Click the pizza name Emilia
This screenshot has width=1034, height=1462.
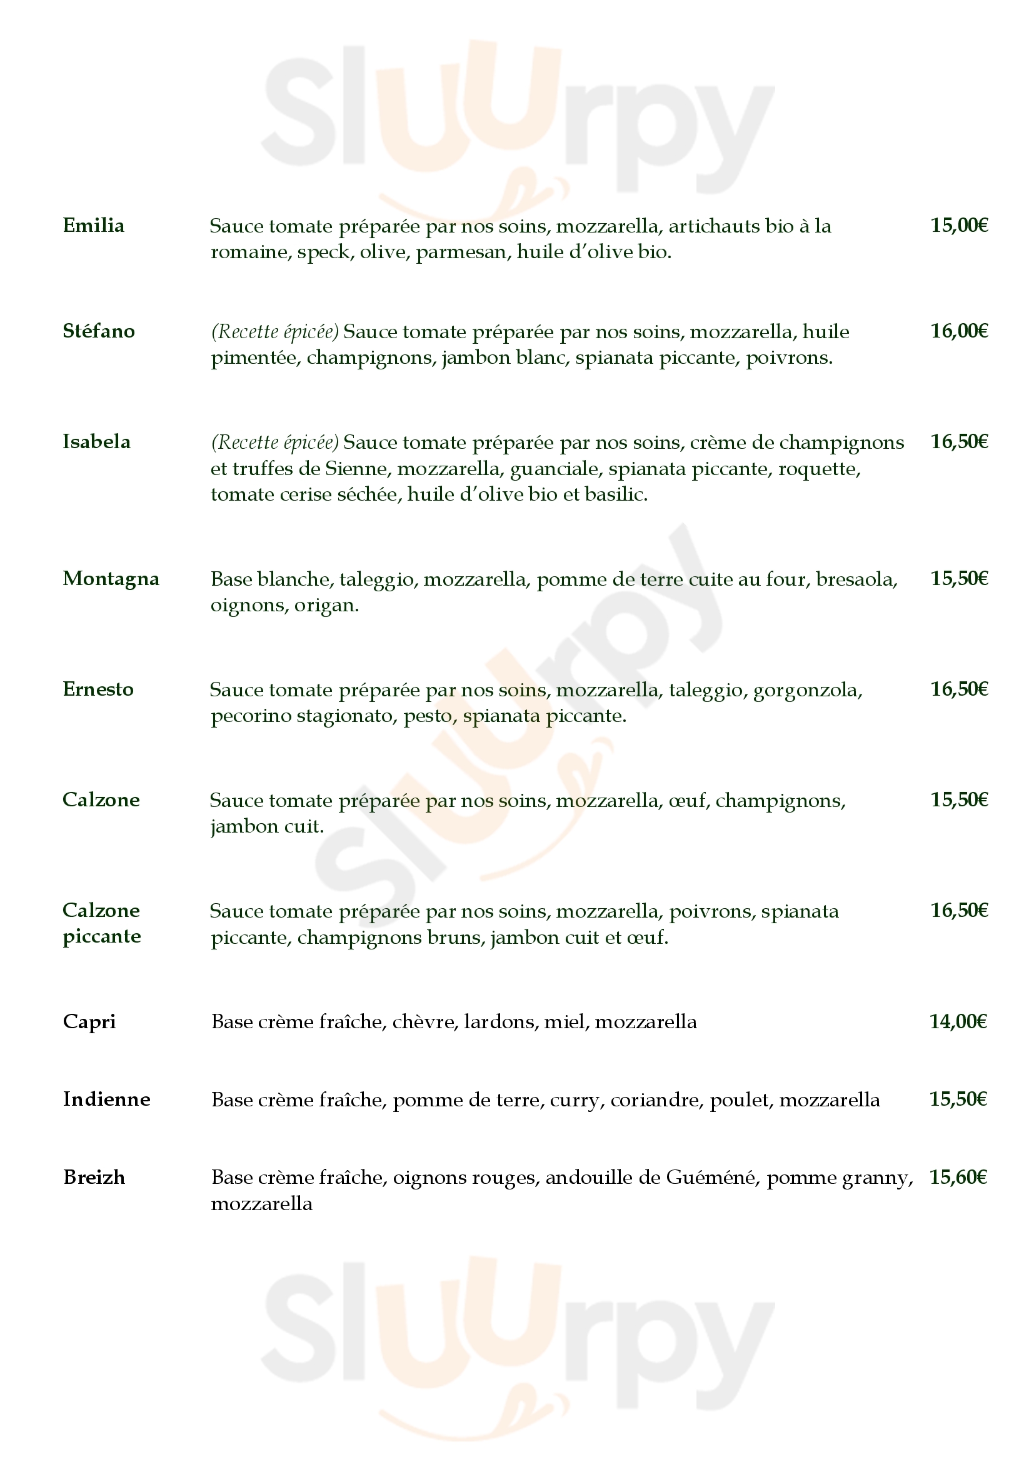click(x=94, y=226)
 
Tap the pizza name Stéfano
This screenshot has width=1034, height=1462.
click(x=99, y=331)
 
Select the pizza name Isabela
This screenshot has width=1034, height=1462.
click(x=96, y=442)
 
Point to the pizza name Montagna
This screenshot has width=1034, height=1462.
click(x=111, y=579)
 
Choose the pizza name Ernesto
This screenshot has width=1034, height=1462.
click(x=98, y=689)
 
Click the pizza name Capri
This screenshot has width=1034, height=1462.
click(x=89, y=1022)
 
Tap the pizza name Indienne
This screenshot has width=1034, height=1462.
click(x=106, y=1099)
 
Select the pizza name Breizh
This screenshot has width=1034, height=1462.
click(x=94, y=1178)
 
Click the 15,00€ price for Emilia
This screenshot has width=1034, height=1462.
click(x=959, y=226)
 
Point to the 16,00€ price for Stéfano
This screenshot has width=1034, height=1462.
click(x=959, y=331)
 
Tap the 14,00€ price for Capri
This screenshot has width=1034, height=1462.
click(x=958, y=1022)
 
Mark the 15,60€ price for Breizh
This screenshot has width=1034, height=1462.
click(x=958, y=1178)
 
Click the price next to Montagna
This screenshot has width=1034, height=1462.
click(x=959, y=579)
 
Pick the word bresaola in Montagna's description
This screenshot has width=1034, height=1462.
click(x=856, y=579)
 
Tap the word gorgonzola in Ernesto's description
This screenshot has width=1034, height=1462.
click(x=807, y=690)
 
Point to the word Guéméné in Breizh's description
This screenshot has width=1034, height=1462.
click(x=713, y=1178)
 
